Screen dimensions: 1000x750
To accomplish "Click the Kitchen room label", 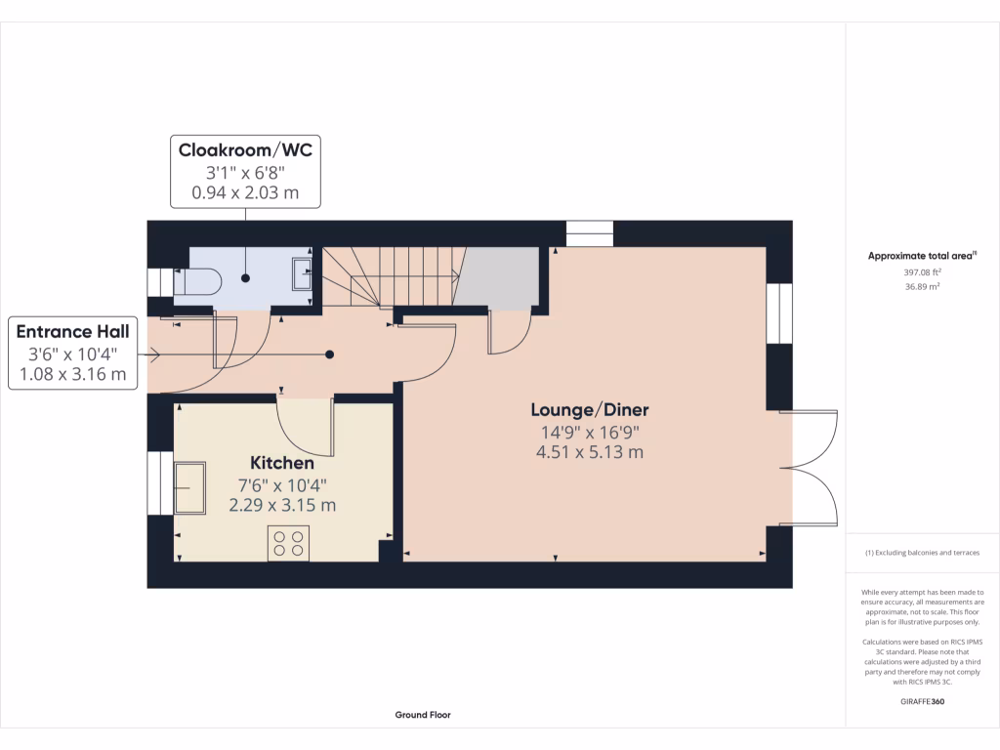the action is click(282, 463).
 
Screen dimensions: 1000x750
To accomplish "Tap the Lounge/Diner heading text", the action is click(590, 410).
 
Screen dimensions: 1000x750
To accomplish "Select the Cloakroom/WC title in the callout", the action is click(245, 149).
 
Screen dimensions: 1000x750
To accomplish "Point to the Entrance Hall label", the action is click(72, 332).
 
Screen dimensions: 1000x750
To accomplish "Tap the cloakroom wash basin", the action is click(302, 273).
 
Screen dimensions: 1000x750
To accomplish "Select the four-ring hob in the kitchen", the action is click(288, 543).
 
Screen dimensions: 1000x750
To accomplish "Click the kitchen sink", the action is click(190, 488).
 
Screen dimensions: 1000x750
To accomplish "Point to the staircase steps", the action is click(390, 276).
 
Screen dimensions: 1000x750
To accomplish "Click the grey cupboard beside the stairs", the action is click(496, 276).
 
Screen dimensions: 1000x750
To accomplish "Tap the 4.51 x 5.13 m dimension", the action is click(590, 452).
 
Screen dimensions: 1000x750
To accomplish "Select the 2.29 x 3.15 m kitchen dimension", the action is click(282, 505).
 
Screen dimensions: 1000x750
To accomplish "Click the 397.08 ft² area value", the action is click(922, 271).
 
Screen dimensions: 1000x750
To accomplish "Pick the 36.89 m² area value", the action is click(922, 286).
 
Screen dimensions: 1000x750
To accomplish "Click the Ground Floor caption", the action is click(423, 715).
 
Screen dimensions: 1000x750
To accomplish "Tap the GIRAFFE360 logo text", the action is click(922, 701).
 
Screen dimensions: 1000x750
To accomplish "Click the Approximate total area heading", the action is click(922, 256).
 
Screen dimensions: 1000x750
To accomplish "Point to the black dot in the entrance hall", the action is click(330, 354).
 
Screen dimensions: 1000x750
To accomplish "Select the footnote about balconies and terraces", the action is click(922, 553).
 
